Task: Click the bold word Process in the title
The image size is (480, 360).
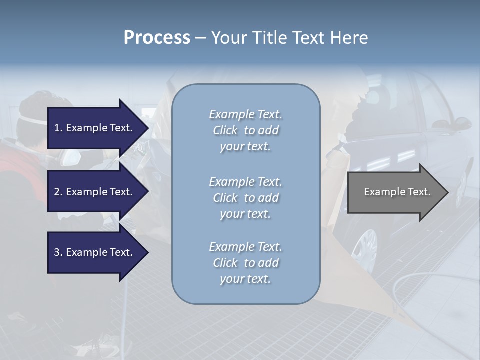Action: pos(157,38)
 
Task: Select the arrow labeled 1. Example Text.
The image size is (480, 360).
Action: pos(95,128)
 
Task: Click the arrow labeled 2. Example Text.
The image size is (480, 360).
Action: pos(95,192)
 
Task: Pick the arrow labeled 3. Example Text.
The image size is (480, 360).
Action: pos(95,252)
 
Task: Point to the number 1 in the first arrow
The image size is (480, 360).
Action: pos(57,128)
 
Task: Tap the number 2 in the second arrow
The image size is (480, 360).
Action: pos(57,192)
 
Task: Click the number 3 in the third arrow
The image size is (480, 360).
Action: pos(57,252)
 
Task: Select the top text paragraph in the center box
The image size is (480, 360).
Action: pos(245,130)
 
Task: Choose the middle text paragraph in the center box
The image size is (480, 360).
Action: pos(245,198)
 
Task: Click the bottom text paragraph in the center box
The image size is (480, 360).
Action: pos(245,263)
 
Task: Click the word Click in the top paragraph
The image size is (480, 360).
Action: pos(225,130)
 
